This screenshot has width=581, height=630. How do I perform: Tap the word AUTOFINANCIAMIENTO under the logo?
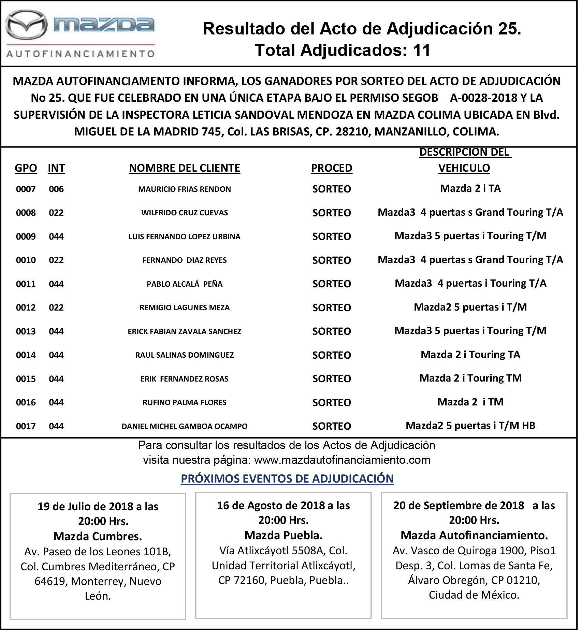pyautogui.click(x=81, y=54)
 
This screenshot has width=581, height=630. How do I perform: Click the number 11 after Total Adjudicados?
pyautogui.click(x=422, y=50)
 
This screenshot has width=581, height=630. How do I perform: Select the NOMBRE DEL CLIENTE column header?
pyautogui.click(x=185, y=168)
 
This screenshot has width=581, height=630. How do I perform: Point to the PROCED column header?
pyautogui.click(x=332, y=168)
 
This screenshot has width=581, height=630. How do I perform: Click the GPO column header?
pyautogui.click(x=26, y=168)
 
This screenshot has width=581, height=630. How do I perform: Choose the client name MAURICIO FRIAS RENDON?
pyautogui.click(x=185, y=189)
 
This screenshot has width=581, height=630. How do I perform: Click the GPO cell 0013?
pyautogui.click(x=26, y=331)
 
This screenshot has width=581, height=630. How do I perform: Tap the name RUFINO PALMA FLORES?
pyautogui.click(x=185, y=402)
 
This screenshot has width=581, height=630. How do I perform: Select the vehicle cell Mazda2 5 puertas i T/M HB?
pyautogui.click(x=470, y=426)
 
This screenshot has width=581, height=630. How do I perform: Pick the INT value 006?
pyautogui.click(x=56, y=189)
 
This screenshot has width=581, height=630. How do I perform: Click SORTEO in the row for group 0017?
pyautogui.click(x=332, y=426)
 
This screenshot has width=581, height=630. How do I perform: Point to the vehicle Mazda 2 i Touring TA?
pyautogui.click(x=470, y=355)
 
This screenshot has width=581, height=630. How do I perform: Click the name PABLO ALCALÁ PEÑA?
pyautogui.click(x=185, y=284)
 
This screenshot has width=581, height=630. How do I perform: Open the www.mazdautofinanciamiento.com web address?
pyautogui.click(x=342, y=460)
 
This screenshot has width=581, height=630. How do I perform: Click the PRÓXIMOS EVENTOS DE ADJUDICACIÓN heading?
pyautogui.click(x=287, y=478)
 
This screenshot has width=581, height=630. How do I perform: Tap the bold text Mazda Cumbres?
pyautogui.click(x=98, y=536)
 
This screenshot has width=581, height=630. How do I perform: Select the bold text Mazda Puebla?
pyautogui.click(x=284, y=535)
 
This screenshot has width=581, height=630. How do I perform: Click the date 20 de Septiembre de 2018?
pyautogui.click(x=459, y=505)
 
